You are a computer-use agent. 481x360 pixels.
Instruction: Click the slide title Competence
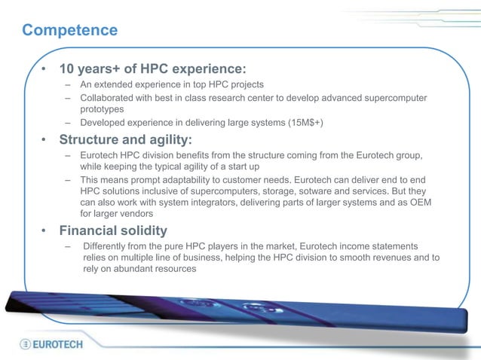(70, 30)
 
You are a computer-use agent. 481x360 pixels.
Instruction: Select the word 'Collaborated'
(110, 99)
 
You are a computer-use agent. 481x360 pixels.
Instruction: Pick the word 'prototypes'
(102, 110)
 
